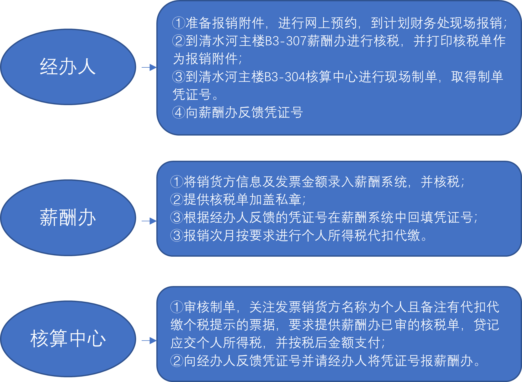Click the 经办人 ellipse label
pos(68,67)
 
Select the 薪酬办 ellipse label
pos(68,218)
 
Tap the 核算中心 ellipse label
pos(68,339)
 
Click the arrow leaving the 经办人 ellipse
pos(149,67)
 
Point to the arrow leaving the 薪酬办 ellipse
pos(149,221)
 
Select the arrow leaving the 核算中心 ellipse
pos(149,341)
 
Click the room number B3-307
pos(286,41)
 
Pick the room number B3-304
pos(285,77)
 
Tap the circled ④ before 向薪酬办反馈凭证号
pos(179,112)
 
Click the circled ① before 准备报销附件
pos(179,23)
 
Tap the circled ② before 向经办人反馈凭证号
pos(177,361)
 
